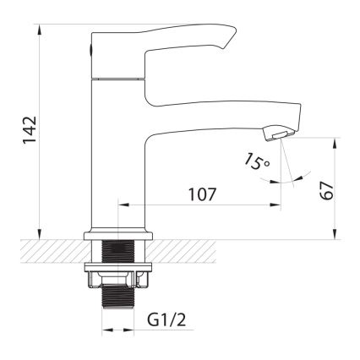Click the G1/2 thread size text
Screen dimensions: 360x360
pyautogui.click(x=166, y=321)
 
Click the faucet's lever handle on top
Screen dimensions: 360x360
pyautogui.click(x=169, y=42)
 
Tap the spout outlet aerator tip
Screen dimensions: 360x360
pyautogui.click(x=278, y=132)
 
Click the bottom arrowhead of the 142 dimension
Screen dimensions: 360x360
pyautogui.click(x=40, y=236)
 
